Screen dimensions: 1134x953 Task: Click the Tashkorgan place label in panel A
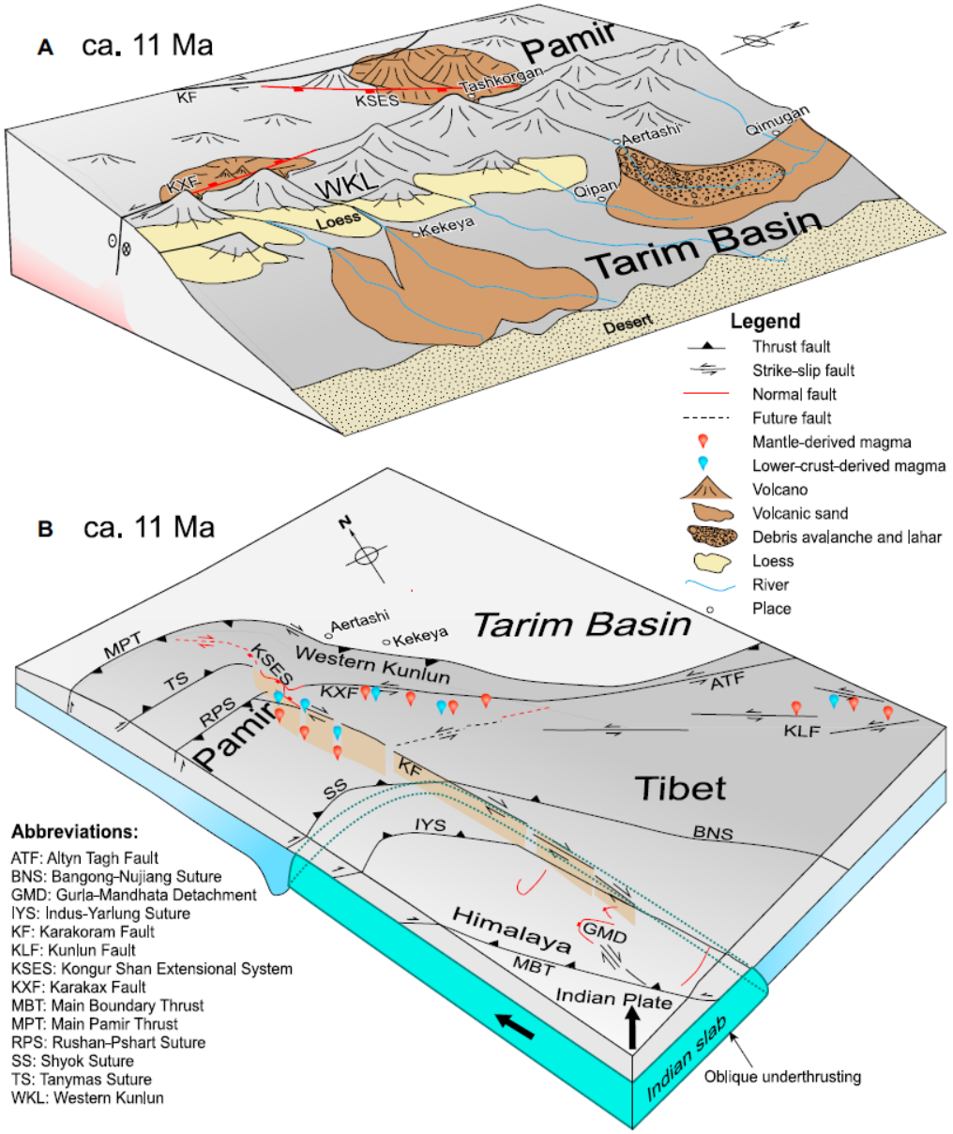click(503, 82)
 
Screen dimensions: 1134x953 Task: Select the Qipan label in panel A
click(595, 187)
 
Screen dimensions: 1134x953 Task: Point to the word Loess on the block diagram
click(339, 222)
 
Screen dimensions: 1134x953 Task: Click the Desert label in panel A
click(627, 324)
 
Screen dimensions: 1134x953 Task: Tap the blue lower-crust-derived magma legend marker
click(703, 464)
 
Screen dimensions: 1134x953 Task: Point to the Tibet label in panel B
click(681, 788)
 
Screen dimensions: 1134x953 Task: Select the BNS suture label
click(712, 832)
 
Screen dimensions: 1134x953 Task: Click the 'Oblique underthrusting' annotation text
click(782, 1076)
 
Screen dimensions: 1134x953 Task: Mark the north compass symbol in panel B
click(366, 553)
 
